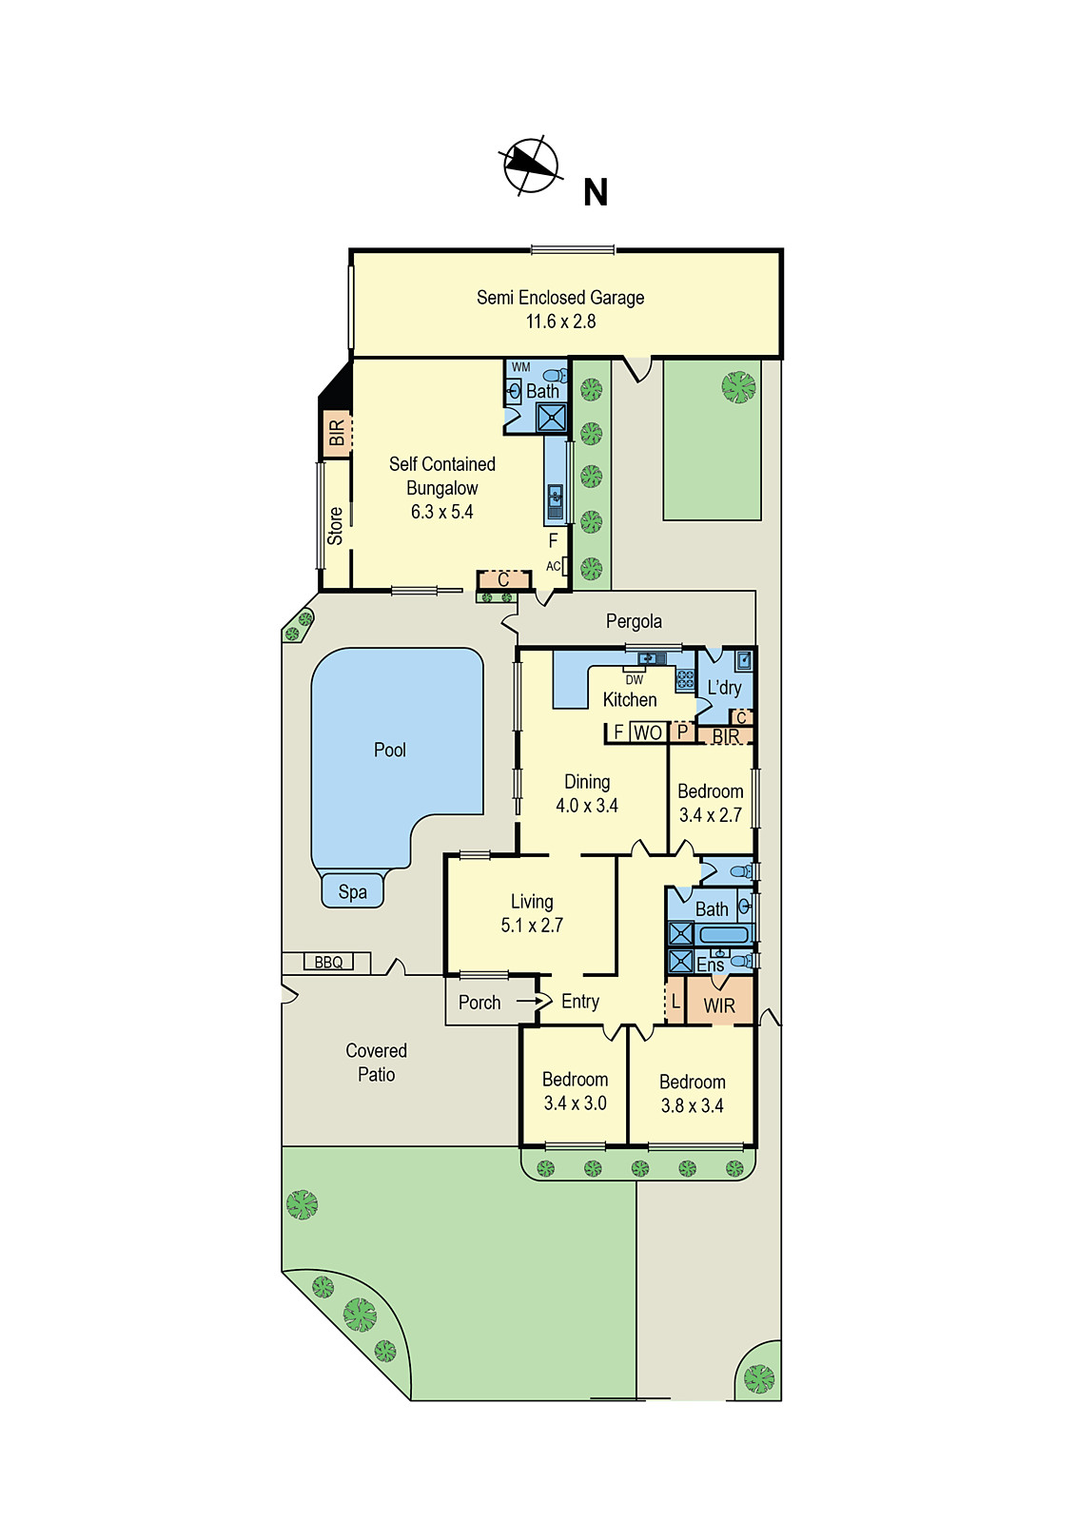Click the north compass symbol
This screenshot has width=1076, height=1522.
[530, 166]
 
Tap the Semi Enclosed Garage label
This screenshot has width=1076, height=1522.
[560, 298]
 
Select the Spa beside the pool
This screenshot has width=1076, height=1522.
[352, 891]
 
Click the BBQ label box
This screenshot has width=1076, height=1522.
[328, 962]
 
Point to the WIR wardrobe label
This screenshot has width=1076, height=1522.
[719, 1005]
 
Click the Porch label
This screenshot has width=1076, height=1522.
[479, 1002]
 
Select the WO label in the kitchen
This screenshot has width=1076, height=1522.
[648, 732]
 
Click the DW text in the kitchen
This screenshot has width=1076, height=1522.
[635, 679]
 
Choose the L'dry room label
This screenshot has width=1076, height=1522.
[724, 688]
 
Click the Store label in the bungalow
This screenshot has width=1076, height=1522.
[335, 525]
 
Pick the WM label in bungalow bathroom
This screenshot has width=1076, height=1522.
[521, 367]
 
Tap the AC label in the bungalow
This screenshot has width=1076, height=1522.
[554, 566]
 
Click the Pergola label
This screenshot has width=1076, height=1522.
[634, 621]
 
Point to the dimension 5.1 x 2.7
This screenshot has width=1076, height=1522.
[532, 925]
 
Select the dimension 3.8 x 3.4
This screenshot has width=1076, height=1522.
[692, 1105]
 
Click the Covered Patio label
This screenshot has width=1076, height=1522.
[376, 1062]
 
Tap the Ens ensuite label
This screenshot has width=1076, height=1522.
[710, 965]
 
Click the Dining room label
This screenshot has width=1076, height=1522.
[587, 782]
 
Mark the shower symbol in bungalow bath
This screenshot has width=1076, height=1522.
[551, 418]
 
